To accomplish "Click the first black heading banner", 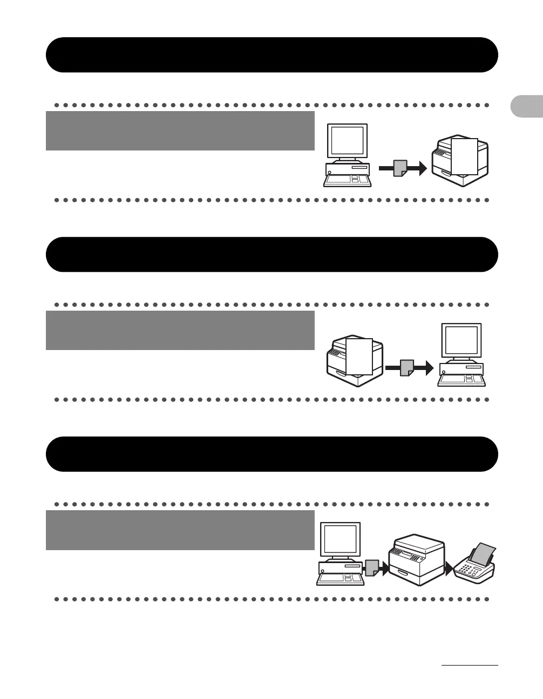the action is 271,55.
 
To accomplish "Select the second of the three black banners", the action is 271,255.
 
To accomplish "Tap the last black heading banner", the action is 271,454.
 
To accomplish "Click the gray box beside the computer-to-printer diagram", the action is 180,131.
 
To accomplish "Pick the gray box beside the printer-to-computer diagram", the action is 180,330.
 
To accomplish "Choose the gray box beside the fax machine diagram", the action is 180,530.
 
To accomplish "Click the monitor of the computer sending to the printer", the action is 348,141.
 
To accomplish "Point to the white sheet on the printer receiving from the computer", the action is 464,156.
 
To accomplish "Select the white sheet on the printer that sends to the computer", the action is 359,357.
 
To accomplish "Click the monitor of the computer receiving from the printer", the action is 461,340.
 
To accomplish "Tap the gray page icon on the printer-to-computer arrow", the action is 406,368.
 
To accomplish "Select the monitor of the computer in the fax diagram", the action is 340,539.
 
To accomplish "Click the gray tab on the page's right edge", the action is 527,107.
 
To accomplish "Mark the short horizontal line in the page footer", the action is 469,666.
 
